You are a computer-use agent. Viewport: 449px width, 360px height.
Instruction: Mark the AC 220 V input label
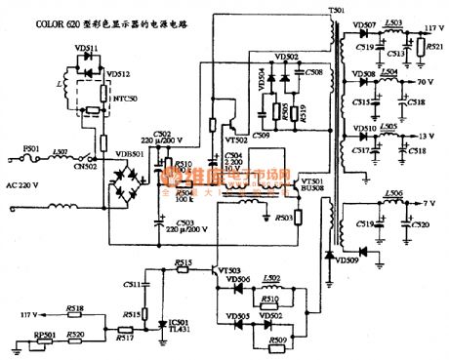pyautogui.click(x=26, y=184)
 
